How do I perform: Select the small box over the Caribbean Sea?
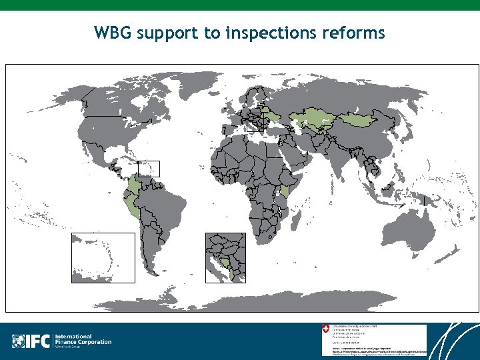pyautogui.click(x=148, y=169)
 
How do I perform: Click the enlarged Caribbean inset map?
pyautogui.click(x=103, y=257)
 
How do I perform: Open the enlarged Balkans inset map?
pyautogui.click(x=225, y=257)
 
